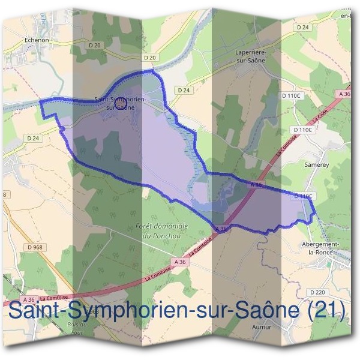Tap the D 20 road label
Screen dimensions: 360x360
tap(150, 57)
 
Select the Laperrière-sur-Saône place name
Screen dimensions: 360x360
tap(251, 56)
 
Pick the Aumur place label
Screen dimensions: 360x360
tap(262, 327)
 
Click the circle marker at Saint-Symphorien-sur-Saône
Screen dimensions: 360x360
tap(121, 103)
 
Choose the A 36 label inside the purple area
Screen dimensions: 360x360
tap(256, 186)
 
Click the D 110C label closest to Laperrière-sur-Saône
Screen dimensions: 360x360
tap(292, 95)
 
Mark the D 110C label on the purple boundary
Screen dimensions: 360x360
tap(304, 196)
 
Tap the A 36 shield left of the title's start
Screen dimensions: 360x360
tap(28, 299)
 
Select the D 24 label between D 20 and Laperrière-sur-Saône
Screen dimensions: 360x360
tap(184, 90)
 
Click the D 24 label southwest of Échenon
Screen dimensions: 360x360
tap(32, 138)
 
